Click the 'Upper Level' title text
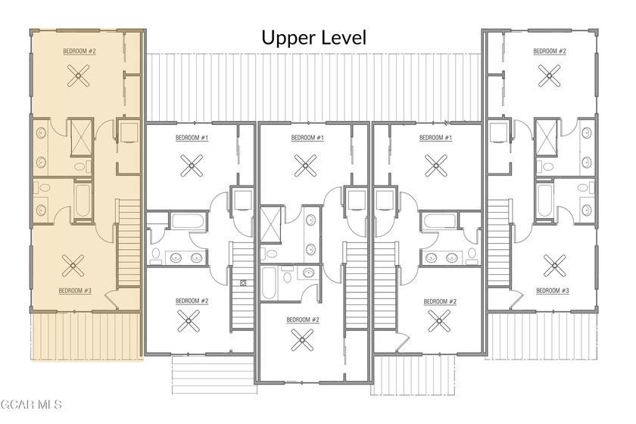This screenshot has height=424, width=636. coord(314,38)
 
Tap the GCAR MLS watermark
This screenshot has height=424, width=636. coord(31,404)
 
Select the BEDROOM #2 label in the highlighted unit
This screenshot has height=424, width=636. coord(79,51)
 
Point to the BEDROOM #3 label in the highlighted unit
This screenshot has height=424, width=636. coord(75,291)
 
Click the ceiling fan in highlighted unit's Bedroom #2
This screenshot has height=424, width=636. coord(79,76)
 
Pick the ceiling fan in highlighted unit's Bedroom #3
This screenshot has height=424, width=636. coord(73,265)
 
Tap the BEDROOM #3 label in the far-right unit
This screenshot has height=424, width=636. coord(553,291)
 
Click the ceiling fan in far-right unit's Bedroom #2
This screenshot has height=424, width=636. coord(549,76)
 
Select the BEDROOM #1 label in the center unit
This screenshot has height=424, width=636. coord(307,138)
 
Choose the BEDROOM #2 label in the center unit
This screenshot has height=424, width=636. coord(303,320)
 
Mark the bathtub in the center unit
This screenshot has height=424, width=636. coord(269,283)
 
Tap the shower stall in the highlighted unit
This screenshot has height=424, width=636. coord(82,137)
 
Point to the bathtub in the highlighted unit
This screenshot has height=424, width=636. coord(82,200)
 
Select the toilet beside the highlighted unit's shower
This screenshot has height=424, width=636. coord(83,166)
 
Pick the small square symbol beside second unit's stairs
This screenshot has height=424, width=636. coord(243,283)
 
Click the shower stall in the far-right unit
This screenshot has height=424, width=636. coord(546,137)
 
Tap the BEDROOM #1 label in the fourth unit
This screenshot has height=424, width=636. coord(435,138)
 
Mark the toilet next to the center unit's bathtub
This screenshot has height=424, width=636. coord(288,276)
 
